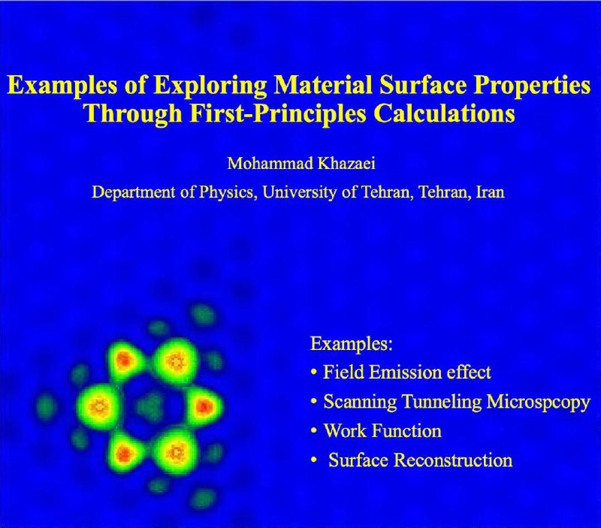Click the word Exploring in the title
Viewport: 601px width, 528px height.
[x=210, y=86]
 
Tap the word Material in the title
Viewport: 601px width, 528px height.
[x=323, y=84]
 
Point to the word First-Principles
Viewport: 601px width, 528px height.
[x=278, y=114]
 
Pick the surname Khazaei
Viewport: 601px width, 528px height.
[x=346, y=163]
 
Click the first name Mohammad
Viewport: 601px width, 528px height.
[x=270, y=163]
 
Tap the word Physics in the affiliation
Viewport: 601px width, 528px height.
[x=228, y=192]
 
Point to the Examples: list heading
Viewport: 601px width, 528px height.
[x=352, y=344]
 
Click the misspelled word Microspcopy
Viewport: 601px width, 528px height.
[x=538, y=402]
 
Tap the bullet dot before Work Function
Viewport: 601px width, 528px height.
[x=314, y=430]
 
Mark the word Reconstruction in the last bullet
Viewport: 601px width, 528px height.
[x=454, y=460]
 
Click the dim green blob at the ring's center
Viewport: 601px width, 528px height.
[x=151, y=406]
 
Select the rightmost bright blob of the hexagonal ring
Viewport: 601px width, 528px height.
[x=204, y=406]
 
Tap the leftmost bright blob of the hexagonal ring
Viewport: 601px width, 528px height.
[x=99, y=407]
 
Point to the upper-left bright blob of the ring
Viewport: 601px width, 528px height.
[x=125, y=361]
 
